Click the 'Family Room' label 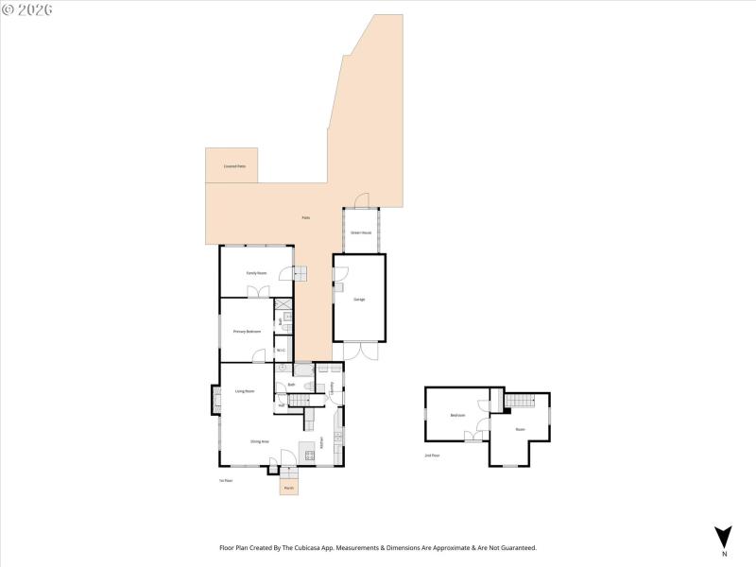[256, 273]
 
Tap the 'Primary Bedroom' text [247, 332]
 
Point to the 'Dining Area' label [260, 441]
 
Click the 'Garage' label [359, 300]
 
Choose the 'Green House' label [360, 232]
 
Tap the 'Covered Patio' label [234, 166]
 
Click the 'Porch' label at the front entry [289, 488]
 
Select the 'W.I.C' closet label [281, 352]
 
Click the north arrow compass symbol [724, 536]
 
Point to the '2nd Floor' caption [432, 455]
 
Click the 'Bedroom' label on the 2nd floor [457, 415]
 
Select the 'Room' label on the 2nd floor [519, 429]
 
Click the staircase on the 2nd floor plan [518, 403]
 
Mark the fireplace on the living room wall [215, 399]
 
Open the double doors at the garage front [358, 351]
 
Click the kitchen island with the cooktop [307, 450]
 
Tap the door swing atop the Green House [360, 199]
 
